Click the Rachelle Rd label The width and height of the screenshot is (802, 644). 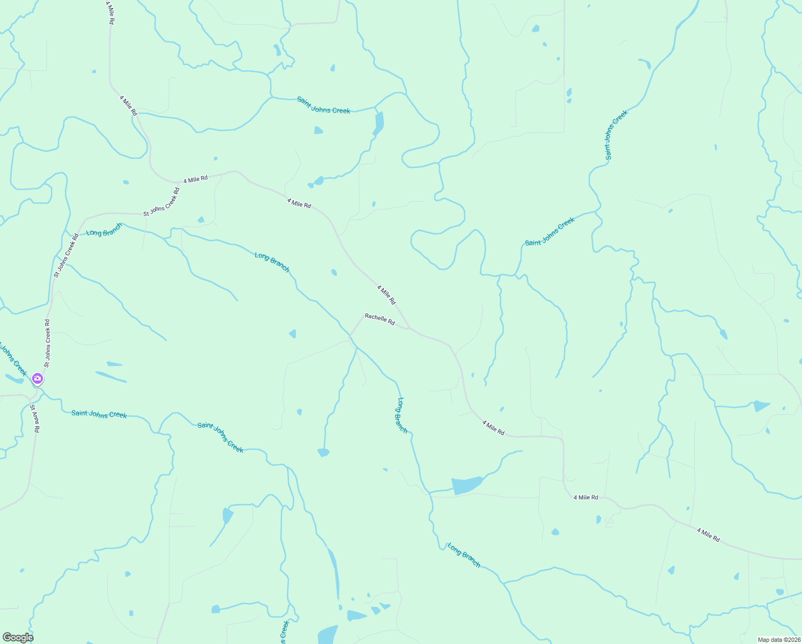coord(380,319)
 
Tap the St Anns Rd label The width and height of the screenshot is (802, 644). coord(35,419)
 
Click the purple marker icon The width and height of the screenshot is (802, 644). coord(38,379)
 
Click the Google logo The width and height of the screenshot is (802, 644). coord(18,638)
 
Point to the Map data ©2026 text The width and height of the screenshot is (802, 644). coord(778,640)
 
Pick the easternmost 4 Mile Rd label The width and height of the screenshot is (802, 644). coord(708,535)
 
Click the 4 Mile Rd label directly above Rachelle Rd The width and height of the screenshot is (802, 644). coord(386,295)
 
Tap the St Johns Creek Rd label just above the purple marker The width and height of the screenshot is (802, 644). coord(47,343)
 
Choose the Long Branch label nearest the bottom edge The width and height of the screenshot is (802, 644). coord(464,555)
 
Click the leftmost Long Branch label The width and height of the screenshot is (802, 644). coord(105,230)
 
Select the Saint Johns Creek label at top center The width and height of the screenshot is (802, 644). coord(323,105)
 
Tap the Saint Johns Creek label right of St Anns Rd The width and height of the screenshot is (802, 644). coord(99,414)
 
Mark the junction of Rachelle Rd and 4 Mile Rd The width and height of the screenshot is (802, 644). coord(410,328)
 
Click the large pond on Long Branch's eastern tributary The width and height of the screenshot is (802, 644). coord(466,485)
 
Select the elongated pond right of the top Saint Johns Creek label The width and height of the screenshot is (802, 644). coord(379,123)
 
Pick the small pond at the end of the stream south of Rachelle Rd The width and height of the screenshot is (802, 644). coord(323,452)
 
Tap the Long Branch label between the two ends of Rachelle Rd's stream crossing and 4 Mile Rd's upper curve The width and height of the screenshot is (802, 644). coord(272,262)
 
